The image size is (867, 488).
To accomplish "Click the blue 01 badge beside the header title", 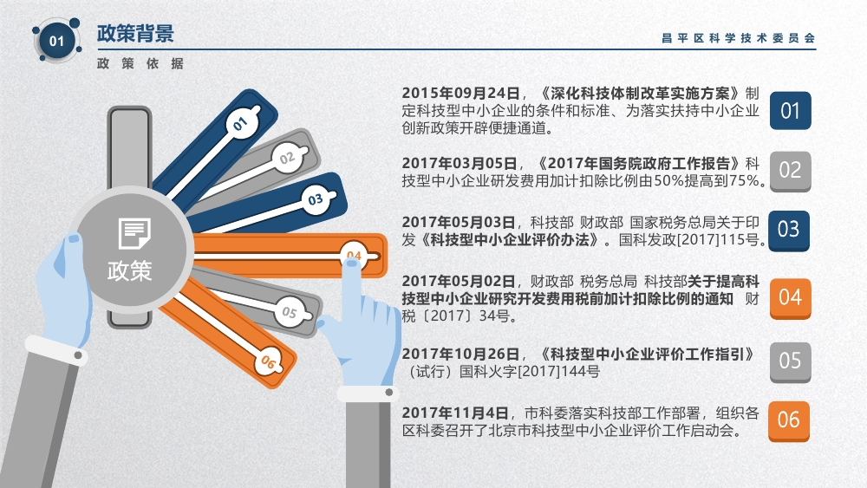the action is [57, 41].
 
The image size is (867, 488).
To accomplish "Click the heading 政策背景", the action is [135, 34].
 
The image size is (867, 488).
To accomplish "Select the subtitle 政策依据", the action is [140, 63].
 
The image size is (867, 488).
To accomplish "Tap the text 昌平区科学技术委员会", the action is [739, 38].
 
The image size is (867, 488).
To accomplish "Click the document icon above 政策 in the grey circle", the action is [134, 233].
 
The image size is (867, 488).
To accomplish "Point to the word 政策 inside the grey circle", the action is [129, 270].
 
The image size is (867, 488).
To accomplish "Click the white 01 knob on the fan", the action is [242, 123].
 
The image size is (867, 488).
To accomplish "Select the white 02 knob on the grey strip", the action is [288, 158].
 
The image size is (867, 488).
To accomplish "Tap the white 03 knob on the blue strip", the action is [316, 199].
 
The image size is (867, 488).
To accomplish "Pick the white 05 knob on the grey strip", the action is [290, 312].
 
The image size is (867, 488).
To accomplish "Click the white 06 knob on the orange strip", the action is [269, 361].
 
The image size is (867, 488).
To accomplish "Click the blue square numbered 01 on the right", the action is [790, 111].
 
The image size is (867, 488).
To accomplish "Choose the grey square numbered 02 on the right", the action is [790, 171].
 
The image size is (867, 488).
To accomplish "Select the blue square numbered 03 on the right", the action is [789, 231].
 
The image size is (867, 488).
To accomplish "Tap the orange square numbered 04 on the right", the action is [790, 298].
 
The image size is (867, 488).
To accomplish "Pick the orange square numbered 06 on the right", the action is [789, 420].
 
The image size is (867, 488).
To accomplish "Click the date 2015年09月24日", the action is [461, 93].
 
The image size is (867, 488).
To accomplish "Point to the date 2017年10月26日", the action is [461, 354].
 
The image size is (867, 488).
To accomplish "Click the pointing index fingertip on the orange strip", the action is [352, 265].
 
